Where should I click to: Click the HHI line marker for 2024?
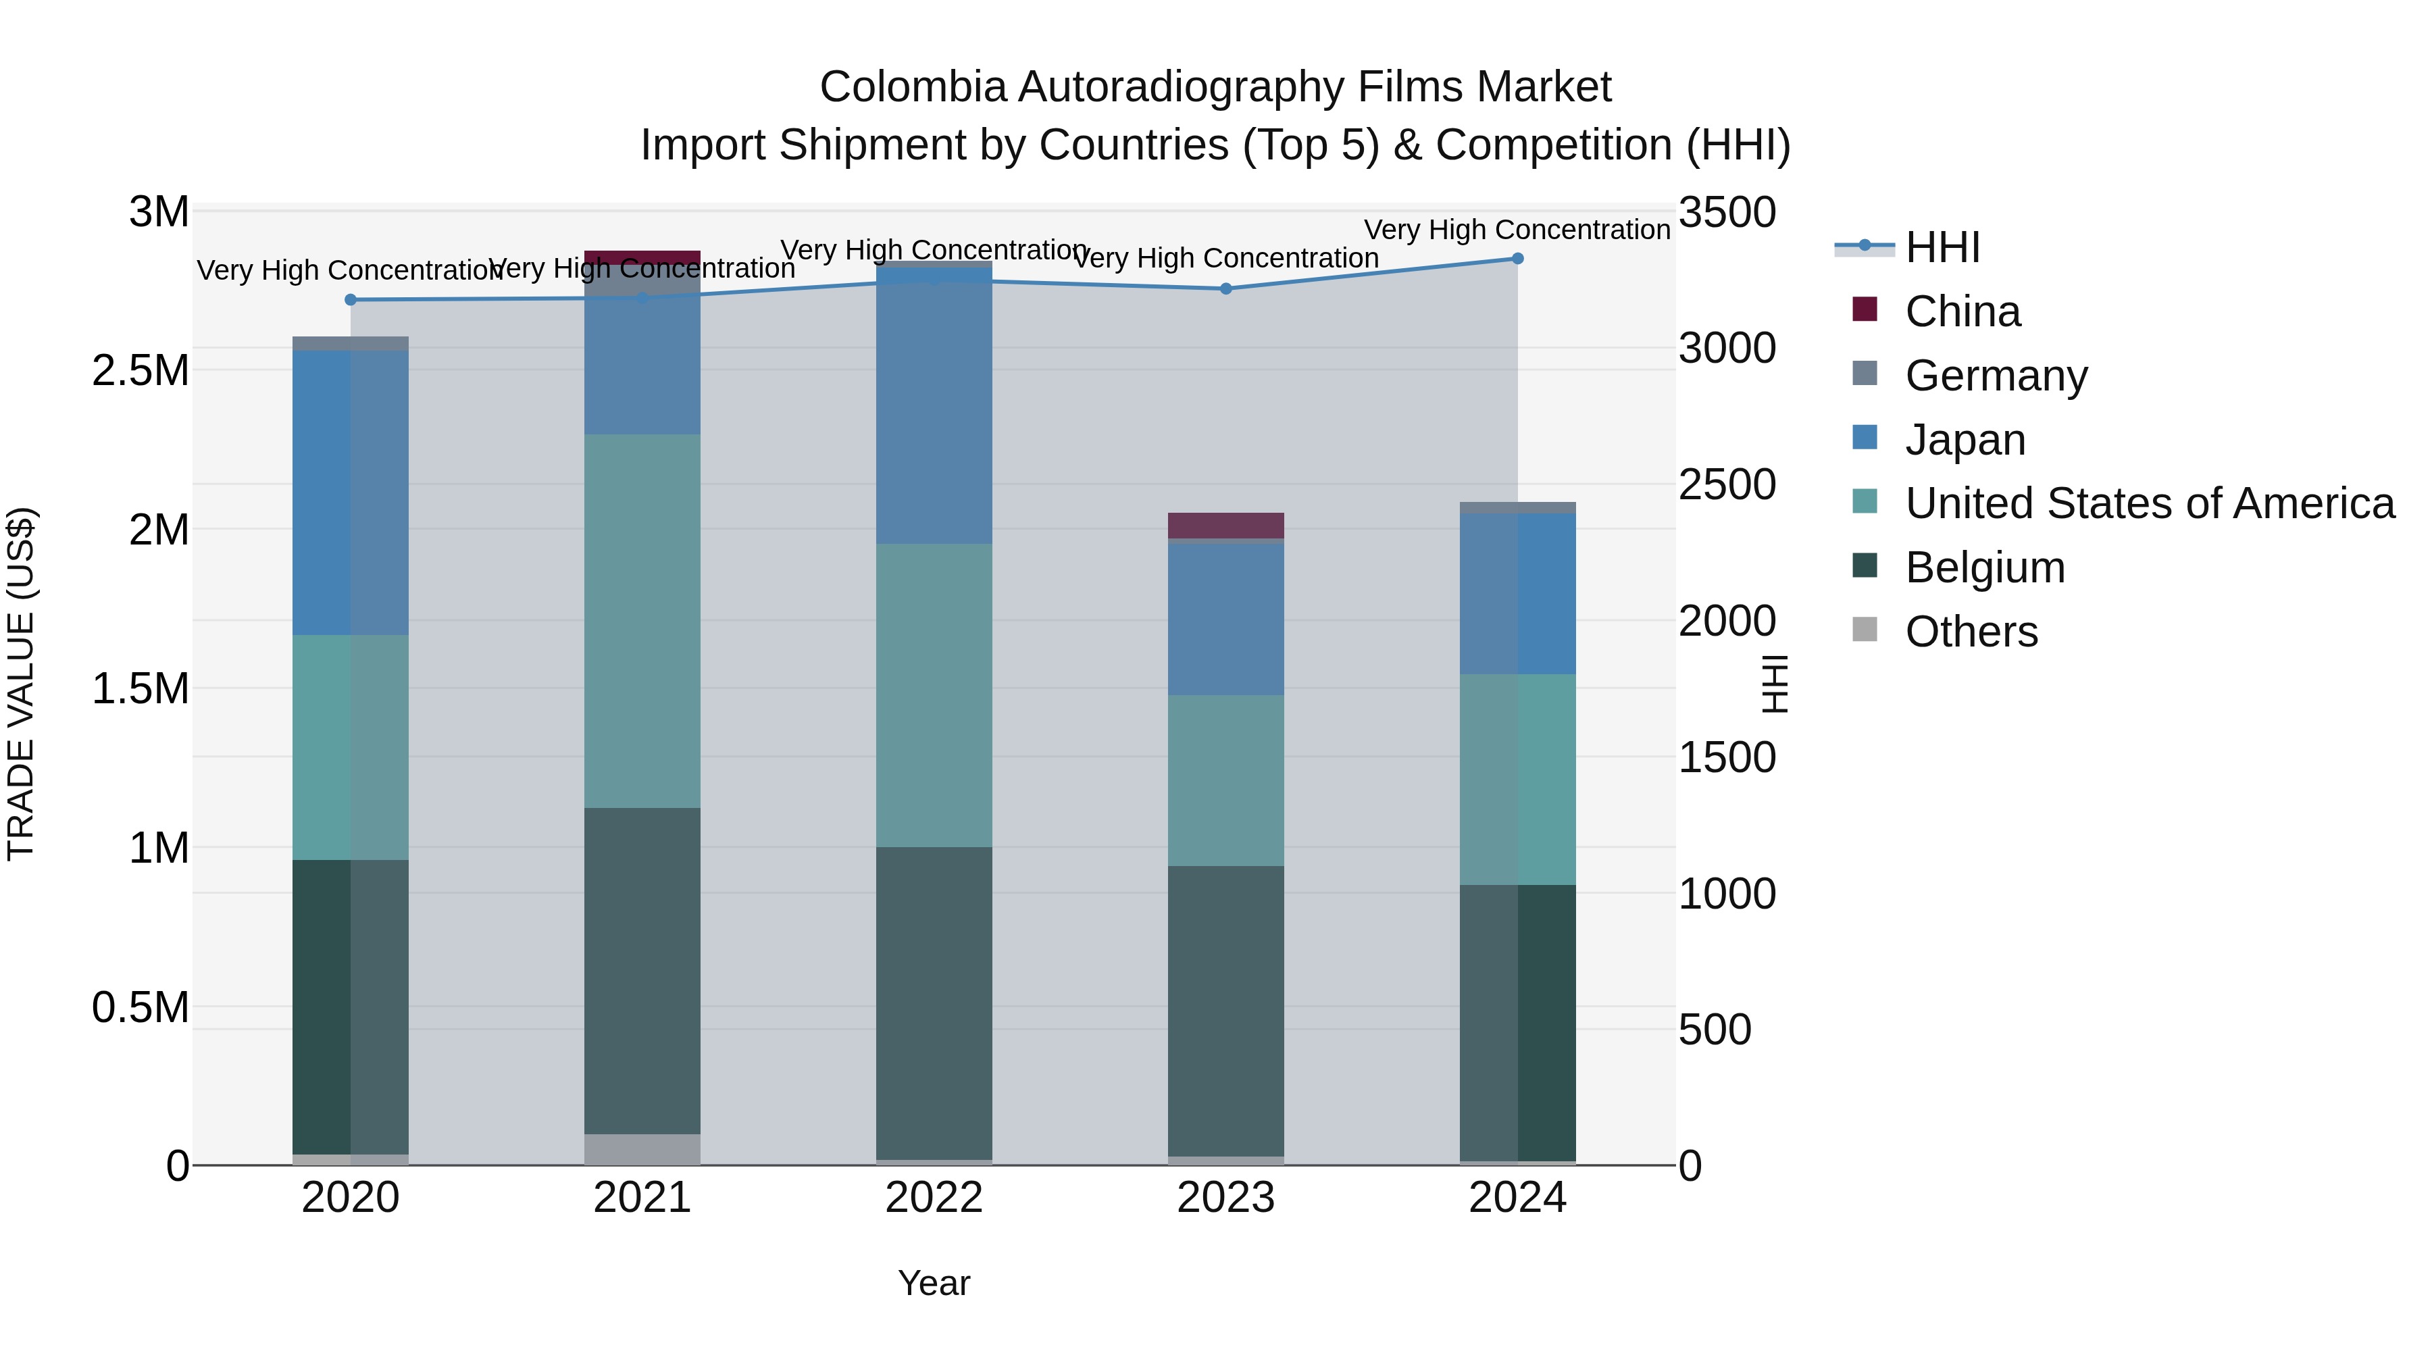click(1517, 259)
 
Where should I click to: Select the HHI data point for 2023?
click(1225, 289)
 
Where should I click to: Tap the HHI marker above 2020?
click(350, 300)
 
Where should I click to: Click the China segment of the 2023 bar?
click(1225, 526)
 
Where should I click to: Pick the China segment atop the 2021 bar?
click(642, 257)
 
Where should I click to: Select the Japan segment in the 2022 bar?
click(934, 406)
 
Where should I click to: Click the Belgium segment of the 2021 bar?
click(642, 971)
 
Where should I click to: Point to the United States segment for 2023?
click(1225, 781)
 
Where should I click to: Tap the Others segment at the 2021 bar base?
click(642, 1149)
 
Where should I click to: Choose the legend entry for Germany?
click(1995, 376)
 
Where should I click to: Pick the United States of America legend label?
click(2149, 504)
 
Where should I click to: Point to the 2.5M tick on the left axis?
click(141, 371)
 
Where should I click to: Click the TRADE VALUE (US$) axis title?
click(21, 684)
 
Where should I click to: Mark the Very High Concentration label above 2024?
click(1517, 230)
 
